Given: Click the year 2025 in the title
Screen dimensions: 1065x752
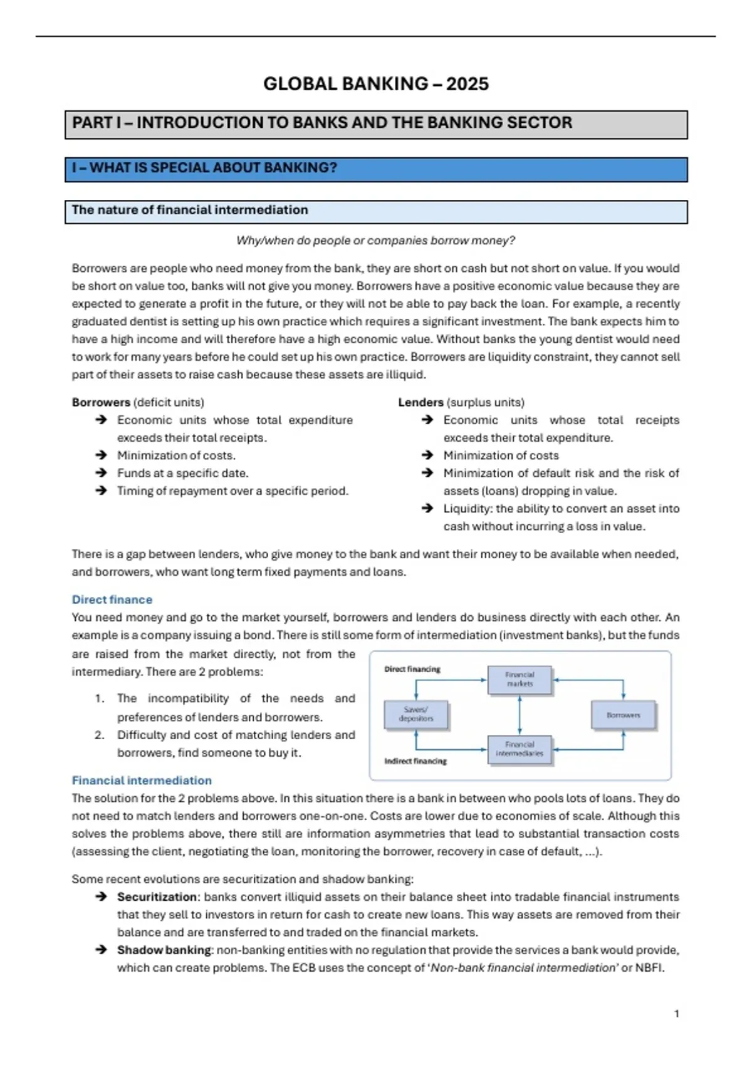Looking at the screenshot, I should click(x=467, y=84).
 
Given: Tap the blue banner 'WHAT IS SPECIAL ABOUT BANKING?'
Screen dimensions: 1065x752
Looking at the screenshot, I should click(x=204, y=168).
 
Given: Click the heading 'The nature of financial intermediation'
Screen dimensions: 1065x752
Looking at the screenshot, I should click(x=190, y=210).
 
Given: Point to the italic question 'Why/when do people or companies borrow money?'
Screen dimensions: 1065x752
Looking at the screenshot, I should click(x=375, y=241).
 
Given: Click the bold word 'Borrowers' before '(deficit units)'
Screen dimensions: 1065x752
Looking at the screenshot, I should click(x=101, y=402).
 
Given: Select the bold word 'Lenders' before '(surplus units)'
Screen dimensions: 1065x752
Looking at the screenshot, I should click(x=420, y=402).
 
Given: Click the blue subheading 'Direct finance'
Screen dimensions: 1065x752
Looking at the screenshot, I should click(x=112, y=600).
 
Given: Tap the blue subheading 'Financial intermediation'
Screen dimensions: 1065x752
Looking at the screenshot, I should click(x=142, y=781).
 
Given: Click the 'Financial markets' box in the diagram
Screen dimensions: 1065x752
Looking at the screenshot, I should click(x=520, y=680).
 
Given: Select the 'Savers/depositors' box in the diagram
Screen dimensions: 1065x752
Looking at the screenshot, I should click(x=415, y=714).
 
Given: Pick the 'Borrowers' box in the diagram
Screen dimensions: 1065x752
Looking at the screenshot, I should click(x=623, y=715).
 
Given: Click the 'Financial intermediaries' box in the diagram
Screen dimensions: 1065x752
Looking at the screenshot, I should click(x=520, y=749).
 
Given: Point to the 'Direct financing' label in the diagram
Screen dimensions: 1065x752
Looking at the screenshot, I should click(x=412, y=669).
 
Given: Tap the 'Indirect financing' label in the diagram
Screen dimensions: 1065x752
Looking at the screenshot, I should click(x=415, y=761).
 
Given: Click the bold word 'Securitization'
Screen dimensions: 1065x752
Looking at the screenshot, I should click(x=157, y=897).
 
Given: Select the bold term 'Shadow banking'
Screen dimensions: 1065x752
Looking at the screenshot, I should click(x=164, y=950).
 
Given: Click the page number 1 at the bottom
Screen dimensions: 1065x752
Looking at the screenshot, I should click(x=676, y=1014).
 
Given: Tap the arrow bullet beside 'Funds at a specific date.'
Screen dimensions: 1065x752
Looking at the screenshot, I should click(x=101, y=473).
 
